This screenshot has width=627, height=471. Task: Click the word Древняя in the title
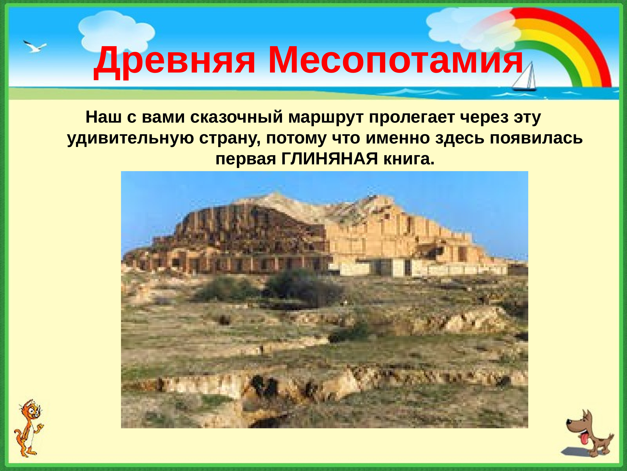click(x=174, y=62)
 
